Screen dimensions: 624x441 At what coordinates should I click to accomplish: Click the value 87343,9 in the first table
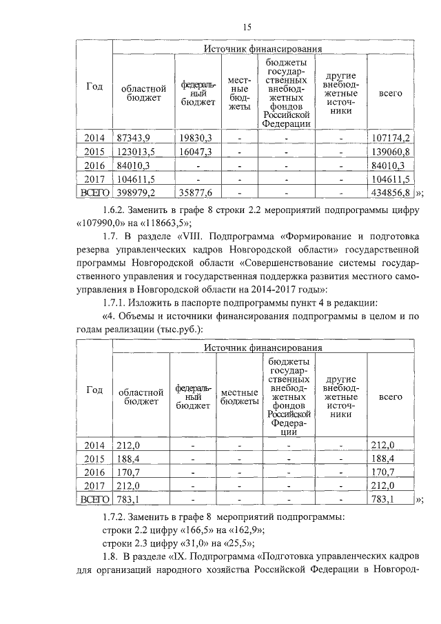click(x=134, y=138)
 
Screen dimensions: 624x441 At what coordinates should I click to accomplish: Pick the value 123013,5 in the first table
click(x=136, y=152)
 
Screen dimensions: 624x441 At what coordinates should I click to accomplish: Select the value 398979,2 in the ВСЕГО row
click(x=136, y=192)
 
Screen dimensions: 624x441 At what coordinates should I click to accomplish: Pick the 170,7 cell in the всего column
click(x=382, y=472)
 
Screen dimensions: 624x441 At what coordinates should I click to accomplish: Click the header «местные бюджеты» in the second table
click(x=238, y=396)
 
